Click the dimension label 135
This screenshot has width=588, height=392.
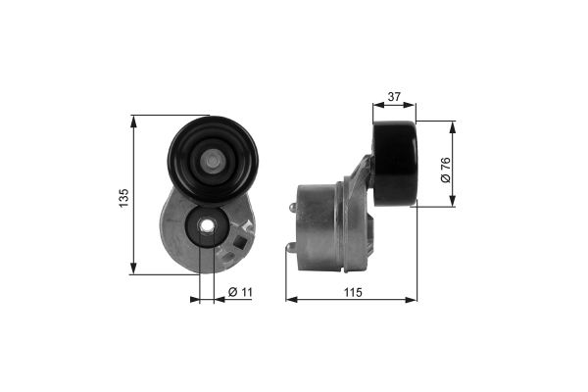123,197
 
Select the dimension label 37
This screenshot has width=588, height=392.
394,97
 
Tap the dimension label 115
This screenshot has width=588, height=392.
353,292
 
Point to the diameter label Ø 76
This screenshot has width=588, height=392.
446,170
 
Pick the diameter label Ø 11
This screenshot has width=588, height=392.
240,291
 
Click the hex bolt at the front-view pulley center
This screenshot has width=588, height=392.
213,162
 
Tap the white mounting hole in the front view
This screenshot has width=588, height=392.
206,225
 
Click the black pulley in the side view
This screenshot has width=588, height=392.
395,164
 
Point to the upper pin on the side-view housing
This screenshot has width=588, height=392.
293,208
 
